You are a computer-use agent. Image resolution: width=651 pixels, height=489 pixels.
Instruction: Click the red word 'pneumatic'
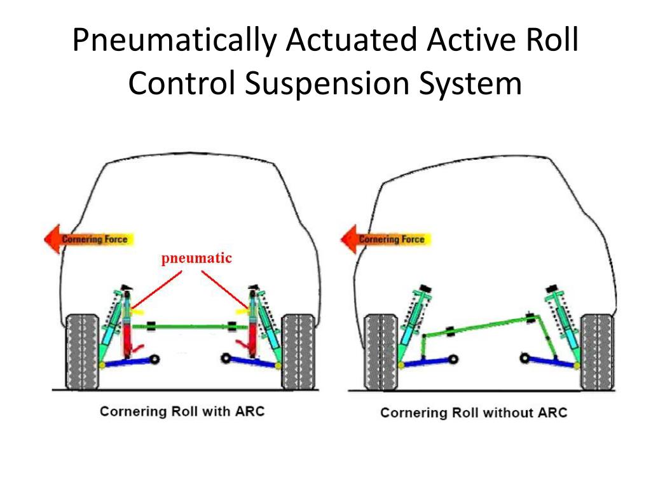(x=196, y=259)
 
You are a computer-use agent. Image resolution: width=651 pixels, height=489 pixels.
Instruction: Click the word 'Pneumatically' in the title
(x=174, y=41)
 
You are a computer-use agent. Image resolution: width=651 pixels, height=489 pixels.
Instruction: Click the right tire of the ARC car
(x=298, y=351)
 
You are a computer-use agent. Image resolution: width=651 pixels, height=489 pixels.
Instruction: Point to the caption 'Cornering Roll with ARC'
(x=182, y=411)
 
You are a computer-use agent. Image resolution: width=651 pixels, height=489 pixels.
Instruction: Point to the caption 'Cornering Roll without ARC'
(x=474, y=413)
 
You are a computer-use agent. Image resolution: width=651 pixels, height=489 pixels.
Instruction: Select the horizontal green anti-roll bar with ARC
(x=191, y=327)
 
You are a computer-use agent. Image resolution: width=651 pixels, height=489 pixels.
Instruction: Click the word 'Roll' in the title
(x=548, y=41)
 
